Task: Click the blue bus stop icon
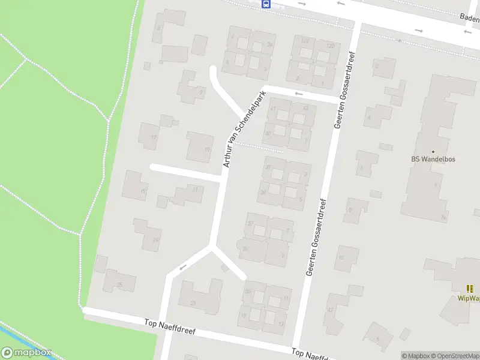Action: point(266,4)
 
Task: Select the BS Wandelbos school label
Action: point(434,160)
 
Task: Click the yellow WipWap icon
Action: point(470,289)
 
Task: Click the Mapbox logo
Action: point(26,353)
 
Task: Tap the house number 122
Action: point(305,41)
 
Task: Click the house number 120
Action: point(329,46)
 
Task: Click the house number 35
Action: point(248,292)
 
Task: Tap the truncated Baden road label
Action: point(469,17)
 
